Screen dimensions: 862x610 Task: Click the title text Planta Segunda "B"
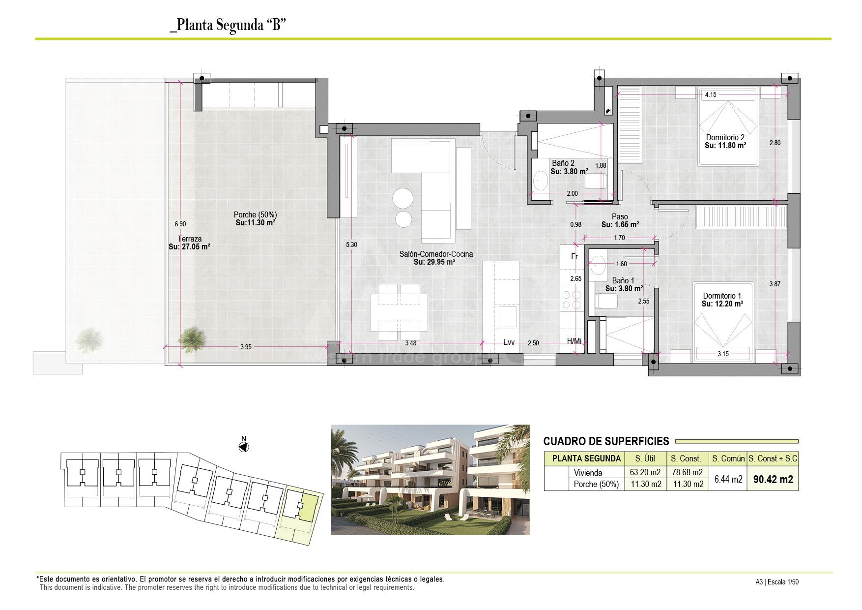pos(228,25)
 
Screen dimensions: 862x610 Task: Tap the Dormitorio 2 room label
pos(725,138)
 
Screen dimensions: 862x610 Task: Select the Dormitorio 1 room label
pos(722,296)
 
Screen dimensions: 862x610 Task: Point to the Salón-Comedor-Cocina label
pos(436,254)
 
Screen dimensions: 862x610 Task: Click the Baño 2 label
pos(563,163)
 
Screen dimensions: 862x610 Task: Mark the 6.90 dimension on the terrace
pos(180,224)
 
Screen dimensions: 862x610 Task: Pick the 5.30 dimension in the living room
pos(351,244)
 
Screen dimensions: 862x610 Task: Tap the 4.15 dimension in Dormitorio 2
pos(711,95)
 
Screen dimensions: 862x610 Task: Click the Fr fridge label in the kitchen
pos(575,257)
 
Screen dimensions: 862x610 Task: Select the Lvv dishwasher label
pos(509,342)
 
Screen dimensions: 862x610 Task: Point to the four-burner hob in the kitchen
pos(571,300)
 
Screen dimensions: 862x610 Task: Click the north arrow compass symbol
pos(243,447)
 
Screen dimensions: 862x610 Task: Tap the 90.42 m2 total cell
pos(773,479)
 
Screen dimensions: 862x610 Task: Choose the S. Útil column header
pos(645,458)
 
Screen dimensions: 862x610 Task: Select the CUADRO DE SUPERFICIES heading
pos(606,441)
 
